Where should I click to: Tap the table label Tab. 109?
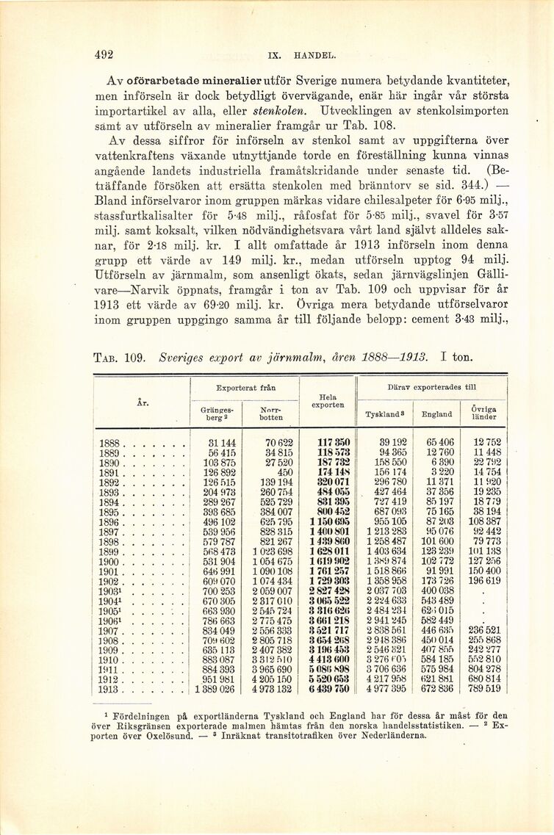(x=119, y=358)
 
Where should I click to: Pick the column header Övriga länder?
(x=483, y=413)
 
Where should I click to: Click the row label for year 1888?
(x=109, y=443)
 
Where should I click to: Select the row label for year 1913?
(x=109, y=689)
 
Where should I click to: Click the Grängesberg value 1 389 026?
(x=215, y=689)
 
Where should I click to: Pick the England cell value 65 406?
(x=439, y=443)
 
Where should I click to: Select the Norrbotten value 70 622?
(x=277, y=443)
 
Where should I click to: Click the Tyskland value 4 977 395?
(x=386, y=689)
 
